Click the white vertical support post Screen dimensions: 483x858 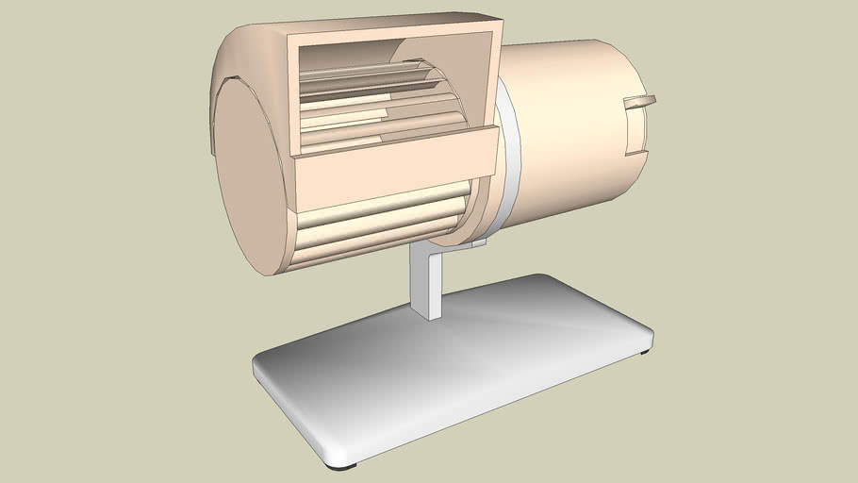click(427, 282)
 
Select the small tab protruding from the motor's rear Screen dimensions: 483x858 click(642, 102)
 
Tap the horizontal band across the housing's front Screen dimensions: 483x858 click(396, 167)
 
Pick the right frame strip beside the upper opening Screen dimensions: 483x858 click(492, 80)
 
